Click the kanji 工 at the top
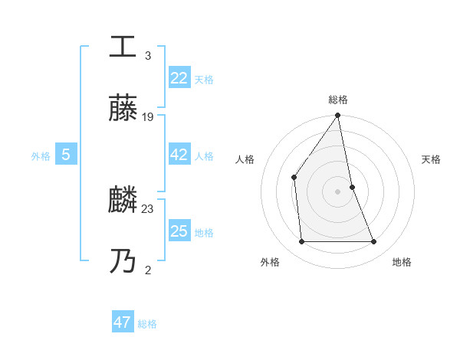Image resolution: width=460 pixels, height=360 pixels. (x=123, y=46)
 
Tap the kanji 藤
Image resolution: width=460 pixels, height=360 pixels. (x=123, y=109)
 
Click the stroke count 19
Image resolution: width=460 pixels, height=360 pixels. (x=148, y=117)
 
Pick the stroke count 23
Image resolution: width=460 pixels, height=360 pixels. (x=148, y=208)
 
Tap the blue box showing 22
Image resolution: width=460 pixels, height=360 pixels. (x=179, y=78)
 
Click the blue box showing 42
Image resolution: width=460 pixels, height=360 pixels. (x=179, y=155)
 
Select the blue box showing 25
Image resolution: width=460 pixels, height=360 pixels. (x=179, y=231)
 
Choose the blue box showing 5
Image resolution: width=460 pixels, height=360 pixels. (x=66, y=155)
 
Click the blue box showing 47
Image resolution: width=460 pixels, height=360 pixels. (x=123, y=322)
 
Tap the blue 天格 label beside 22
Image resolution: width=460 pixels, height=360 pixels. (x=204, y=80)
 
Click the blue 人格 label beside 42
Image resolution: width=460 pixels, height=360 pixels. (x=204, y=156)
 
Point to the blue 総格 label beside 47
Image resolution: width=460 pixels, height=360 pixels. (x=147, y=324)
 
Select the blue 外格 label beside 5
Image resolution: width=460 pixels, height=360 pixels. (x=41, y=156)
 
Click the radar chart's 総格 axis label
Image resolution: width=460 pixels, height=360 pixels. (x=337, y=100)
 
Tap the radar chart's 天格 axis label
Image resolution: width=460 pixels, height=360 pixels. (x=432, y=159)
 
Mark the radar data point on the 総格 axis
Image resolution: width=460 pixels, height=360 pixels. (x=337, y=116)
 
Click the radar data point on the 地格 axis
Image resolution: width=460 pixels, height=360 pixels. (x=374, y=242)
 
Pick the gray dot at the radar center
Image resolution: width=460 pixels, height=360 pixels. (x=337, y=191)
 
